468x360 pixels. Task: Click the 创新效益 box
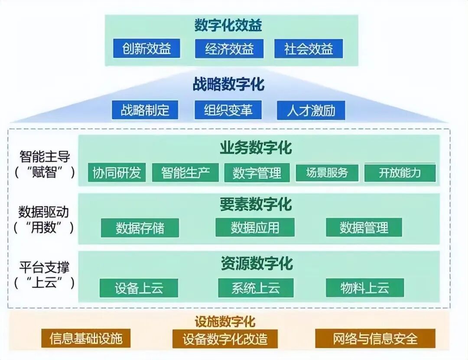(x=146, y=49)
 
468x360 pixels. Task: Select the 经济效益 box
(x=229, y=49)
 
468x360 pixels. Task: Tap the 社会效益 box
(x=309, y=49)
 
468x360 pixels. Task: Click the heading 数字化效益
(x=228, y=26)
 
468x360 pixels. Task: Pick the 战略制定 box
(x=145, y=110)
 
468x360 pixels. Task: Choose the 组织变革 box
(x=228, y=110)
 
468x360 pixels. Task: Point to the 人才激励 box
(x=311, y=110)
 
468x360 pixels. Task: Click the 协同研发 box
(x=117, y=172)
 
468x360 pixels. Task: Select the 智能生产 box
(x=185, y=172)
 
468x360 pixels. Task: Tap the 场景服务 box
(x=327, y=172)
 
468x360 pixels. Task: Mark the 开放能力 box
(x=400, y=173)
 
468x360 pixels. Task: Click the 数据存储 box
(x=140, y=227)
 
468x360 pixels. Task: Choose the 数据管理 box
(x=364, y=227)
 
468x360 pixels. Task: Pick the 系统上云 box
(x=256, y=288)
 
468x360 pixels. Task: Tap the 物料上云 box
(x=365, y=288)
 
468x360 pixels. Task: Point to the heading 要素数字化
(x=256, y=204)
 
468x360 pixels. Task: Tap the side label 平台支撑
(x=44, y=266)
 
